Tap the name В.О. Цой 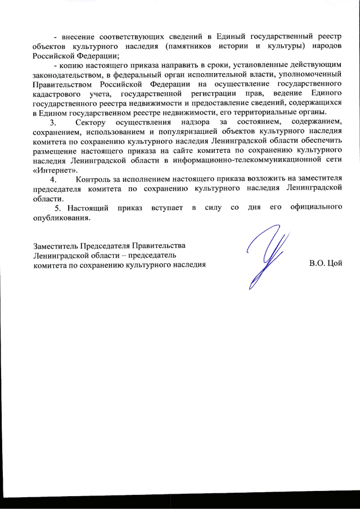326,263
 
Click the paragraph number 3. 53,122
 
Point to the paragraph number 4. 53,179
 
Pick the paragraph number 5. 57,208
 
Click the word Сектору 91,122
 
